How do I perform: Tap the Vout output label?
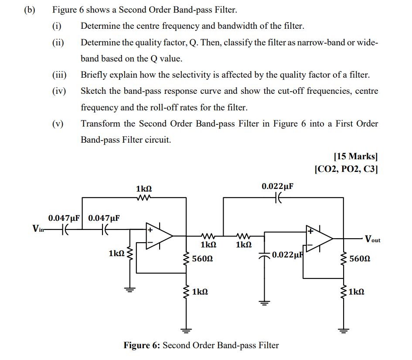(x=372, y=239)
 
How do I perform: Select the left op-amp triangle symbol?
(x=158, y=236)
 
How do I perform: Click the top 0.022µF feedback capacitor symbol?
(x=278, y=198)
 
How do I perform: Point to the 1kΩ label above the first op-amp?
(x=143, y=189)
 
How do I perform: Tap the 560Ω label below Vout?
(x=360, y=259)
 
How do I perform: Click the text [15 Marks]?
(x=355, y=157)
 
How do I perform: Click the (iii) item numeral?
(x=59, y=75)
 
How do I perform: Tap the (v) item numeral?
(x=58, y=123)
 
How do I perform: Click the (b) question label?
(x=29, y=9)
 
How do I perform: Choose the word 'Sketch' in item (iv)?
(x=93, y=91)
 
